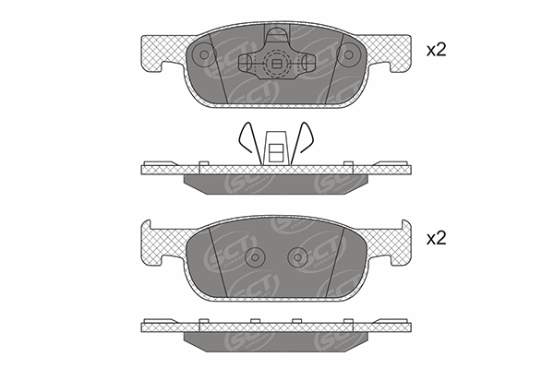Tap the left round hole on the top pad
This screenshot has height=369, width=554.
[x=204, y=55]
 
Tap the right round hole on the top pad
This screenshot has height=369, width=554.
[x=348, y=55]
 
